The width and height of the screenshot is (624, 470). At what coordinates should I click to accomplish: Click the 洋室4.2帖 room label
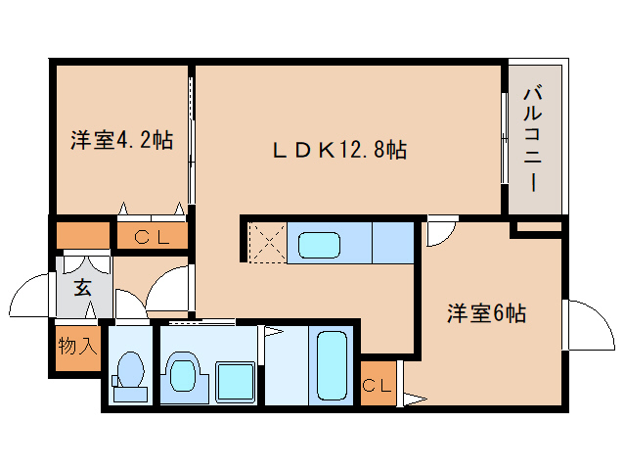[x=121, y=140]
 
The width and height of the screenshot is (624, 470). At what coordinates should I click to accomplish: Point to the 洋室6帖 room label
[x=487, y=313]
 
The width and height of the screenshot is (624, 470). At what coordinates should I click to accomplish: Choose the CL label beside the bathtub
[x=378, y=385]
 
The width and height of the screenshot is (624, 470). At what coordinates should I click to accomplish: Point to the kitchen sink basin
[x=320, y=244]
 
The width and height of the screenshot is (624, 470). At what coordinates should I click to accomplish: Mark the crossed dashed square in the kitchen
[x=266, y=243]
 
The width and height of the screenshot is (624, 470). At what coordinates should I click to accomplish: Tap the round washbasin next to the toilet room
[x=183, y=373]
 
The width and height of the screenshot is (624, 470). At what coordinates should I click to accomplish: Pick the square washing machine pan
[x=235, y=381]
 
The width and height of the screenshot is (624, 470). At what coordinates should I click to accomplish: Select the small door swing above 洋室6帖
[x=439, y=231]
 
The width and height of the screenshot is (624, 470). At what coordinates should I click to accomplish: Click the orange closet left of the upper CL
[x=83, y=236]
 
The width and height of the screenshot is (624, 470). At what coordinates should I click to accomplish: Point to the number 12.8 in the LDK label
[x=361, y=150]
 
